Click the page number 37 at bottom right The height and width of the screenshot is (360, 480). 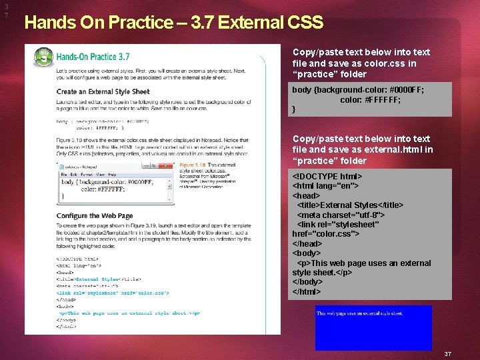(x=448, y=353)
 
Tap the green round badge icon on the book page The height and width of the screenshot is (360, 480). (x=43, y=57)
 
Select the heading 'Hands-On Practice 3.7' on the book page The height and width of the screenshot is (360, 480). (x=93, y=57)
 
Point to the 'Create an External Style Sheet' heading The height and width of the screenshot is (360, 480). (x=103, y=92)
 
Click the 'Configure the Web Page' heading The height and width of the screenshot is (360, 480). (x=94, y=216)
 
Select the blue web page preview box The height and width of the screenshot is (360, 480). (x=373, y=327)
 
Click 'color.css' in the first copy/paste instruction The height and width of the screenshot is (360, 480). (x=383, y=63)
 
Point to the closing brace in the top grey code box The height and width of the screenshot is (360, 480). (x=294, y=109)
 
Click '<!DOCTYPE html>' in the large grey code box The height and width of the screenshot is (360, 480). (x=327, y=177)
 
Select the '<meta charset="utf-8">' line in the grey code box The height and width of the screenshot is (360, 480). (x=341, y=215)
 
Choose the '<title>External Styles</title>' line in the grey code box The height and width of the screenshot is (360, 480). (x=350, y=205)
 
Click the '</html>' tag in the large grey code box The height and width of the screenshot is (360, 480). (x=307, y=291)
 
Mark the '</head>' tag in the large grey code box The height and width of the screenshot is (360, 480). (x=307, y=244)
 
